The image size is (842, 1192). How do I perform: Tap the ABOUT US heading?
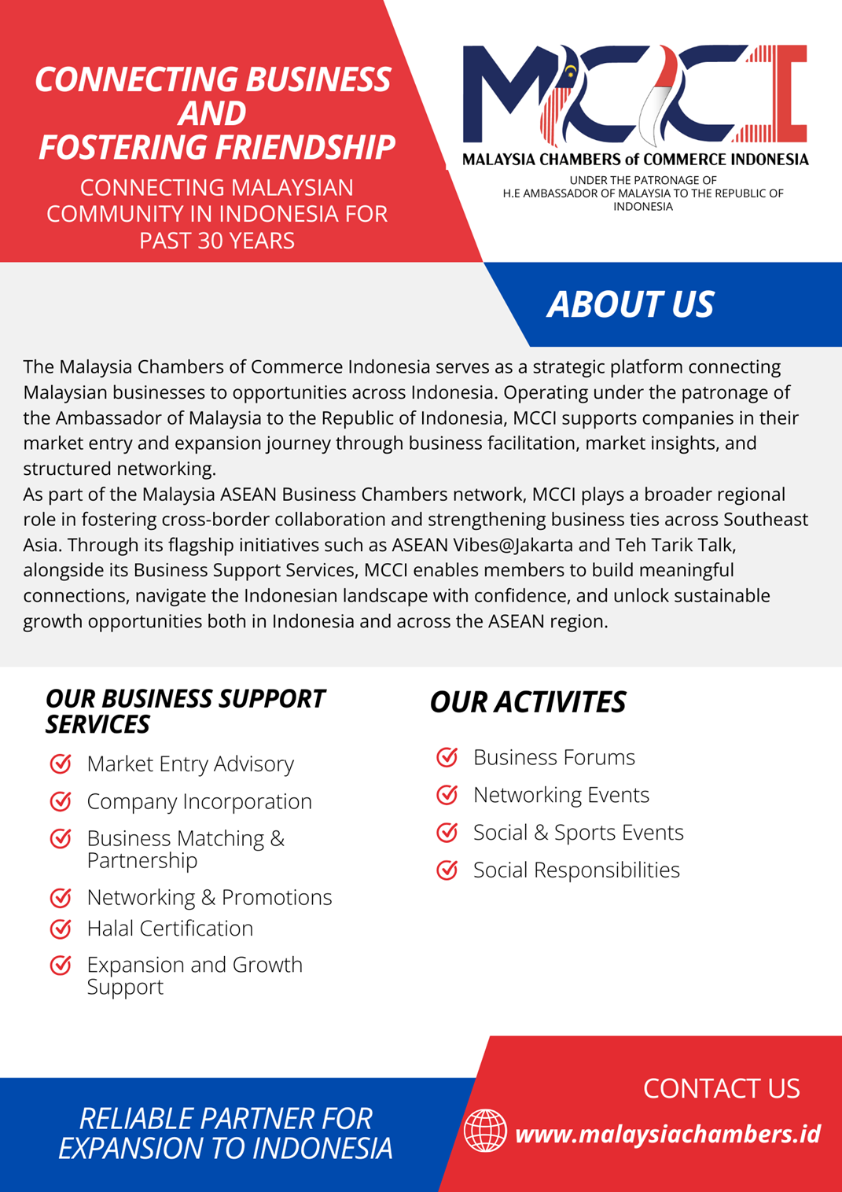click(x=631, y=304)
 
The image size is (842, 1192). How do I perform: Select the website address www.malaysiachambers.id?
click(x=667, y=1134)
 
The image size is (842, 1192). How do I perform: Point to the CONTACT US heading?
click(x=721, y=1088)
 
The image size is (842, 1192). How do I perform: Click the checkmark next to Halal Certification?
click(x=61, y=929)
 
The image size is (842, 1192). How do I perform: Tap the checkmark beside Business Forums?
click(x=447, y=757)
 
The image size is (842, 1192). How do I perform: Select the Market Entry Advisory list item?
click(x=190, y=763)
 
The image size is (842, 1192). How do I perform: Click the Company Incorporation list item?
click(x=199, y=801)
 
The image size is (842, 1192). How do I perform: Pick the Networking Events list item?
click(x=561, y=795)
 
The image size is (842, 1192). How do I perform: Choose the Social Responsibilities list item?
click(x=576, y=870)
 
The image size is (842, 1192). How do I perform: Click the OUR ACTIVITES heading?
click(x=528, y=702)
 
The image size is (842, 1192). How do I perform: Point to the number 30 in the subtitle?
click(x=210, y=241)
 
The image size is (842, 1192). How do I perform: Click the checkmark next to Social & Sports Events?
click(x=447, y=832)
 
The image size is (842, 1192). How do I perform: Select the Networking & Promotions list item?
click(x=209, y=897)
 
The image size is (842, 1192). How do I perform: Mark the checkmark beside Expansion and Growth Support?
click(x=61, y=965)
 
